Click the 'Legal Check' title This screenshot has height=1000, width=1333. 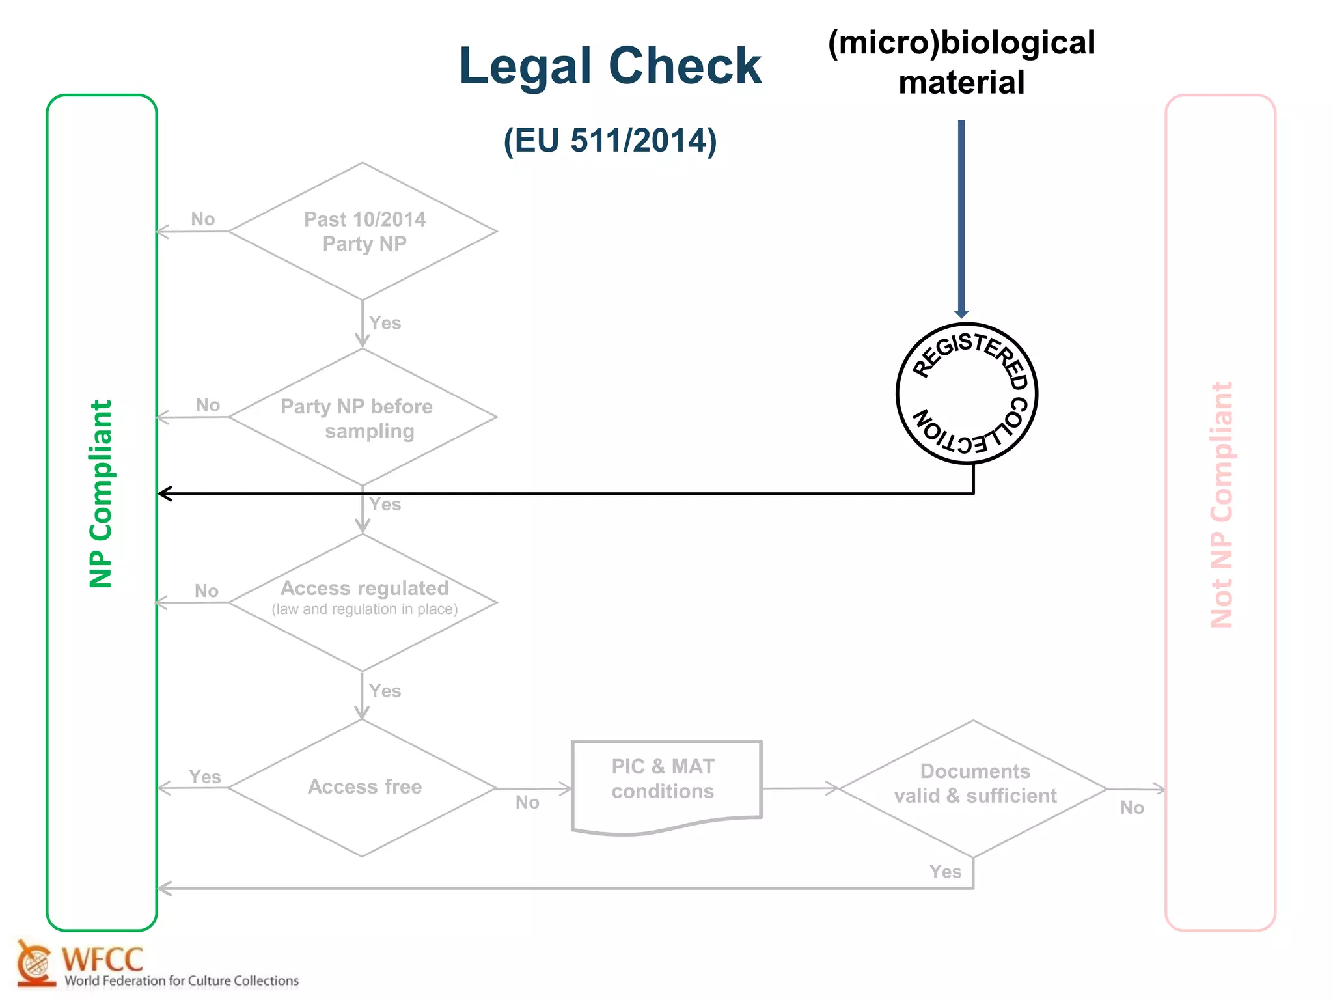610,66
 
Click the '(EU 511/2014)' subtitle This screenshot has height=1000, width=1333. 610,141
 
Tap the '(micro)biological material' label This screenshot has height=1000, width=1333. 961,62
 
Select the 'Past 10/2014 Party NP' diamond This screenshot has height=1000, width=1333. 363,231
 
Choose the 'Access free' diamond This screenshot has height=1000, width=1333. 363,787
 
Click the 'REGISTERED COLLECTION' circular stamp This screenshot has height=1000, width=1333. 966,393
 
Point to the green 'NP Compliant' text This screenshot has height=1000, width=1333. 101,493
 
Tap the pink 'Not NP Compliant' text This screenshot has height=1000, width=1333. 1221,505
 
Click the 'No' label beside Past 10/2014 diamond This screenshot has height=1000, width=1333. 202,219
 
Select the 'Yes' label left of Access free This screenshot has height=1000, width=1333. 204,777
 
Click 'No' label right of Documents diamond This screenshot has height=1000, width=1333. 1132,807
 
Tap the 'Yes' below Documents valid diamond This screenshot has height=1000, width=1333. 945,872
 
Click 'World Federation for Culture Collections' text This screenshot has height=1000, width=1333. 182,980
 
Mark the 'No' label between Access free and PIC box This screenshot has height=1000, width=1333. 527,802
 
